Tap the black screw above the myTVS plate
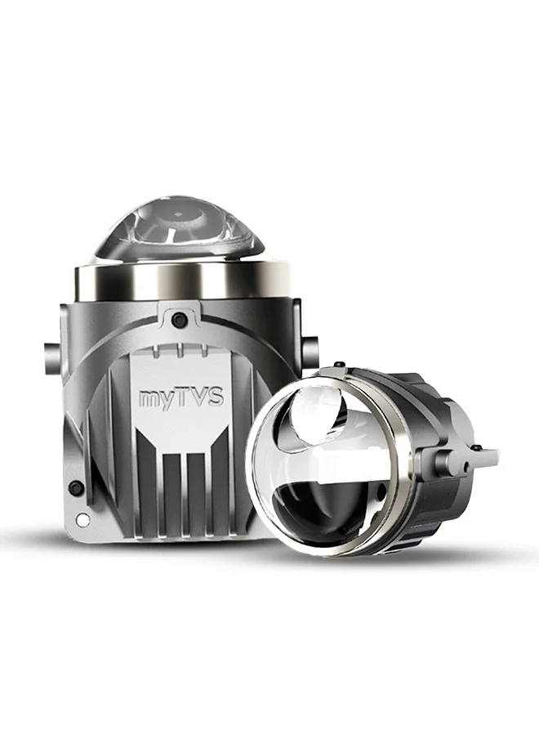[x=179, y=320]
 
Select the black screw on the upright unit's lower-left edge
[x=75, y=487]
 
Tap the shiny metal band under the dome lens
[x=182, y=280]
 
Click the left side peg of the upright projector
[x=51, y=357]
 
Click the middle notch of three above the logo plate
[x=180, y=350]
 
